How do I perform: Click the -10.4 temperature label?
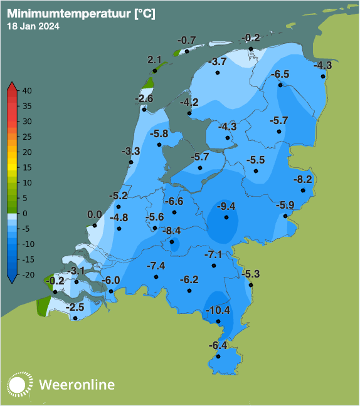click(219, 310)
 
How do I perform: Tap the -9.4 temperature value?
click(225, 206)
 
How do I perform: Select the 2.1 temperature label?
click(155, 60)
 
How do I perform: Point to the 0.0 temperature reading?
click(95, 214)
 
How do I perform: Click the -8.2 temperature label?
click(303, 180)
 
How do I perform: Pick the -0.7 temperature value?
click(187, 40)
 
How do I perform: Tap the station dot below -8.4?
click(172, 241)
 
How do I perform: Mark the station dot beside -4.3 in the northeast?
click(323, 77)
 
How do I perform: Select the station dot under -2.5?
click(75, 318)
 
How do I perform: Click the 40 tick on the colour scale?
click(27, 91)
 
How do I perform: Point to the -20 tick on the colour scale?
click(27, 274)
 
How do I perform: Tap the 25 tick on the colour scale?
click(27, 137)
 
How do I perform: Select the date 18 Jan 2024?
click(33, 26)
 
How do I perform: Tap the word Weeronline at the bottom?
click(77, 384)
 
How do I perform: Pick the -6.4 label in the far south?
click(218, 345)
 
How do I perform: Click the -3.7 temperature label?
click(218, 61)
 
